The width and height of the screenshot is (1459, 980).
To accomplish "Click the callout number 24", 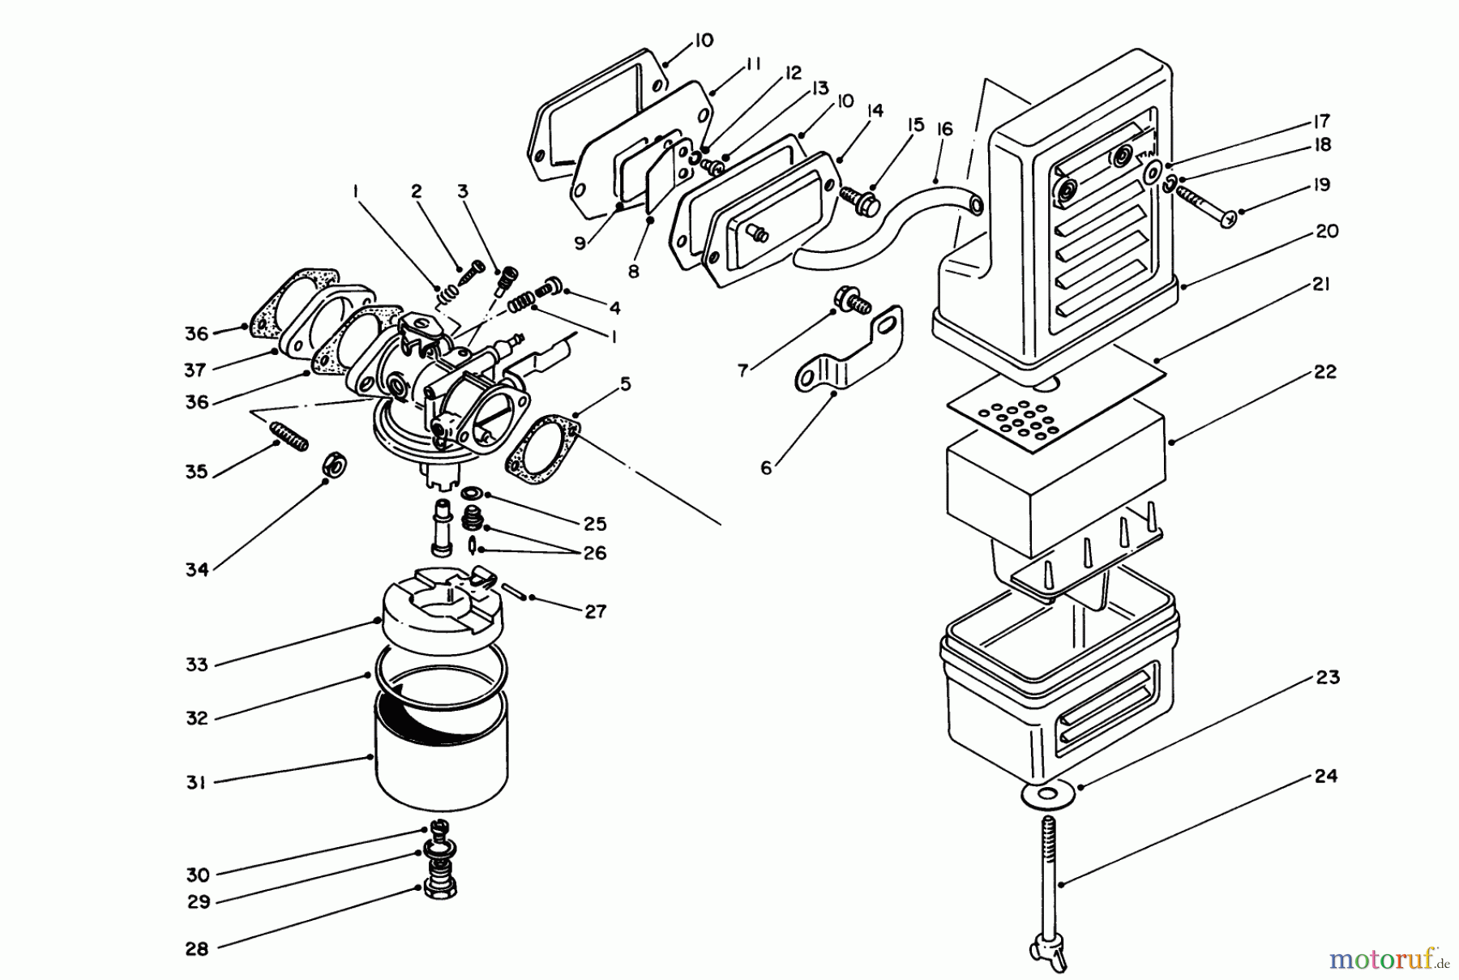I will (1325, 776).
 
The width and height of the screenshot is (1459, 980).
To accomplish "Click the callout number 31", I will (196, 782).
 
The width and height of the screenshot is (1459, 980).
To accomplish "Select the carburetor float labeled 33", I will (442, 604).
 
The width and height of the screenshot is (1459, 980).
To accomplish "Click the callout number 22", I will (1325, 371).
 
